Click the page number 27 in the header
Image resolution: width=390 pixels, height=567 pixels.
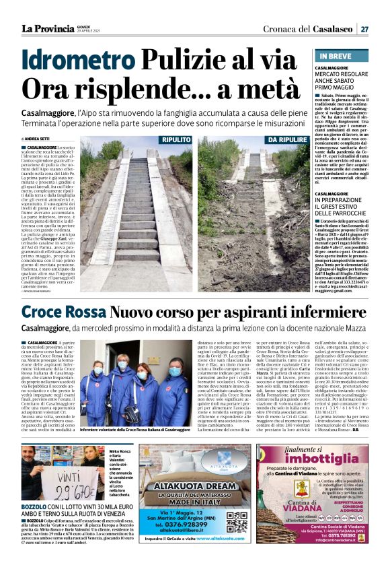coord(364,29)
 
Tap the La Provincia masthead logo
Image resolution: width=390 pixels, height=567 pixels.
coord(47,29)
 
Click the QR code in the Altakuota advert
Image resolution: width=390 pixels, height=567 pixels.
coord(235,521)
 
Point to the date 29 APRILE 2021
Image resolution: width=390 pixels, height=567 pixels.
coord(88,32)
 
